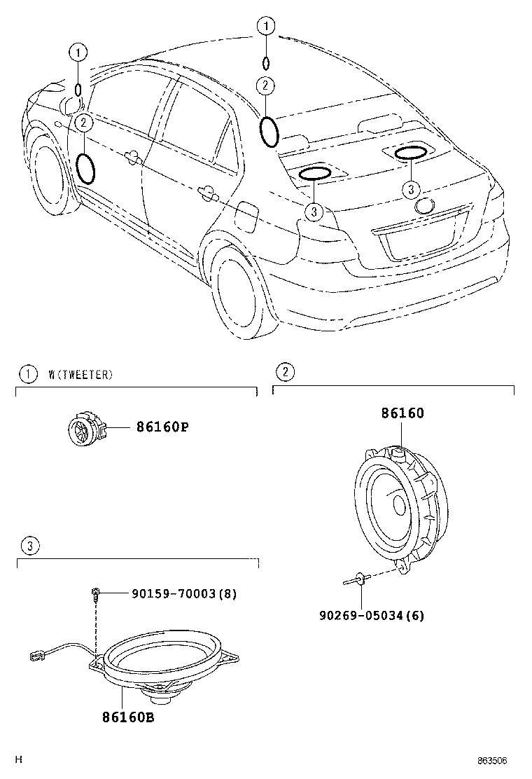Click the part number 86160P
162,427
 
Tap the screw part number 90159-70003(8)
184,594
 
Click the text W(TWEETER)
80,375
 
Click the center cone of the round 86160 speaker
398,504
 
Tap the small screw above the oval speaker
95,594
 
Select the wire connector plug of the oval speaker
33,656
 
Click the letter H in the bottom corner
20,759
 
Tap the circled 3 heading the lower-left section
27,546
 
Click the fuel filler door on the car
246,214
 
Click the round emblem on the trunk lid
425,205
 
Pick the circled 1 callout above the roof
265,27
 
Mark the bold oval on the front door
85,168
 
